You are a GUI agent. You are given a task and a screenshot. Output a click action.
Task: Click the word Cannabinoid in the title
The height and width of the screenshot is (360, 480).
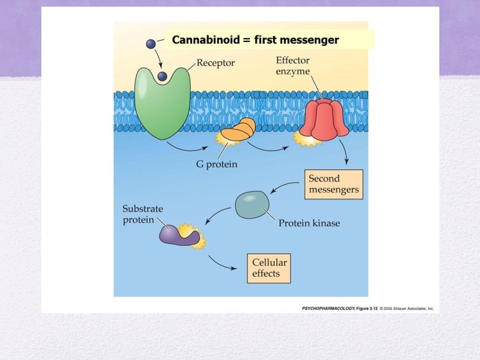click(205, 40)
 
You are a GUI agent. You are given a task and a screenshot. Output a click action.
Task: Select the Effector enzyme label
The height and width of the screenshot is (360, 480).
click(293, 65)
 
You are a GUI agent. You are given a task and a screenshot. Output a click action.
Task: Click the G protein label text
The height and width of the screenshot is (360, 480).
click(212, 164)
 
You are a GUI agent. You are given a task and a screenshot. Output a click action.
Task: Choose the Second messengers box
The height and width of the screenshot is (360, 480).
click(333, 184)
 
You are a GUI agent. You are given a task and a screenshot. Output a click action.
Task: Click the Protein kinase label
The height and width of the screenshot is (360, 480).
click(309, 223)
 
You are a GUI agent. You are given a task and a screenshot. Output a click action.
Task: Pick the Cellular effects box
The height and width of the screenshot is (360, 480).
click(269, 268)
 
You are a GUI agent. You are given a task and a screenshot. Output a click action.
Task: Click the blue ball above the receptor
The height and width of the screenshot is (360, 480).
click(150, 44)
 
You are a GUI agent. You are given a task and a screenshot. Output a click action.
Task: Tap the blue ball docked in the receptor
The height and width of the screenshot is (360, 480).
click(161, 78)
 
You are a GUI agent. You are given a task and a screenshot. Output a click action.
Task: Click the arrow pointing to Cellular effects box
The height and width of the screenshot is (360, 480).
click(224, 264)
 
